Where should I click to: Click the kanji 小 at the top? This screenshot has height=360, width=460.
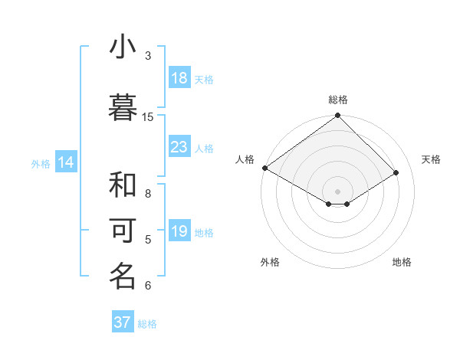coord(123,47)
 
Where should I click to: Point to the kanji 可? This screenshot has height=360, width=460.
coord(123,231)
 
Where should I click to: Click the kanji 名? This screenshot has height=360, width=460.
coord(123,277)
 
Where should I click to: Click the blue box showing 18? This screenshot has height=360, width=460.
coord(179,78)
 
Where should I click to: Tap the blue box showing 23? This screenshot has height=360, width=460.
coord(179,147)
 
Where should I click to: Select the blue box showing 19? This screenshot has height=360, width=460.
coord(179,231)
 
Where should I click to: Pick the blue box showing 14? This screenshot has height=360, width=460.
coord(66,162)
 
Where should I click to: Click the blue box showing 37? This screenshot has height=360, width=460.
coord(123,322)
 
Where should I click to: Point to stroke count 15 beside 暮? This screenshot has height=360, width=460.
coord(148,116)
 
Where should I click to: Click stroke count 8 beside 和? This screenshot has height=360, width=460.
coord(148,194)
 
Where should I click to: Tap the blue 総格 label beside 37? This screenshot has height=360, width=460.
coord(147,324)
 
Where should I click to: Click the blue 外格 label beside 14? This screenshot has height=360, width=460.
coord(41,163)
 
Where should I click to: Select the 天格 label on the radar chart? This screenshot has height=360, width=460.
coord(431,159)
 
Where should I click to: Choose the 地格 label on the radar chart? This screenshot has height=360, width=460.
coord(402,262)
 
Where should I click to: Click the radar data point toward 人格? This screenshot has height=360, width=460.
coord(264,168)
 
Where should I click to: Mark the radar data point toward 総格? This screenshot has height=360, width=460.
coord(337,116)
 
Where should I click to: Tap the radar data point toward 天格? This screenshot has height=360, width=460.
coord(396,172)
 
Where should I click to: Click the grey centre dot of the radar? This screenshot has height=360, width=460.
coord(337,191)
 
